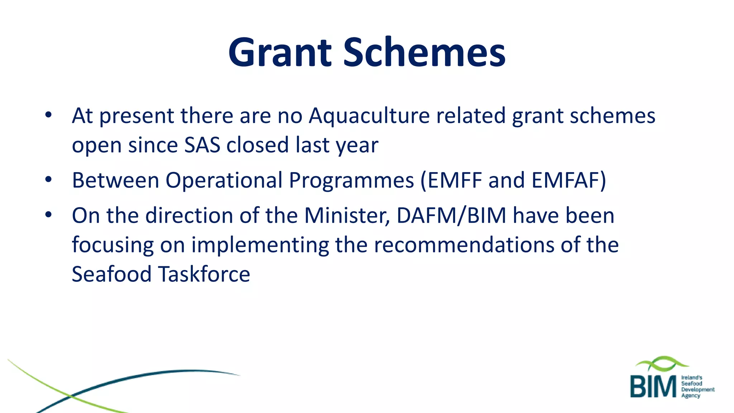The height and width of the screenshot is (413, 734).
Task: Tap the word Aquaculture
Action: (x=369, y=116)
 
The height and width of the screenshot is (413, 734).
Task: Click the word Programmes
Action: (x=351, y=180)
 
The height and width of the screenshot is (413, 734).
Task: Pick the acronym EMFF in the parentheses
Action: (x=454, y=180)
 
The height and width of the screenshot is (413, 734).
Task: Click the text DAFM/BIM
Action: (x=452, y=216)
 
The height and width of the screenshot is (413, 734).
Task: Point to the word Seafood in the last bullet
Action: (x=111, y=274)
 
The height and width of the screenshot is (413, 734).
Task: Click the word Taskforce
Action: (x=204, y=274)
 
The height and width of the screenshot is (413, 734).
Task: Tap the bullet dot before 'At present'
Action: (x=48, y=115)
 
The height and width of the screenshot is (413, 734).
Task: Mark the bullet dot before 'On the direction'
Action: (x=48, y=215)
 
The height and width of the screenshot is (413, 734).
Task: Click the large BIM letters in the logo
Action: (x=653, y=387)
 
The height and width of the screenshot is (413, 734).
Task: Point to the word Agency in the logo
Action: (x=691, y=395)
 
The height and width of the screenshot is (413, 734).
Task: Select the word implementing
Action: (x=260, y=246)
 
